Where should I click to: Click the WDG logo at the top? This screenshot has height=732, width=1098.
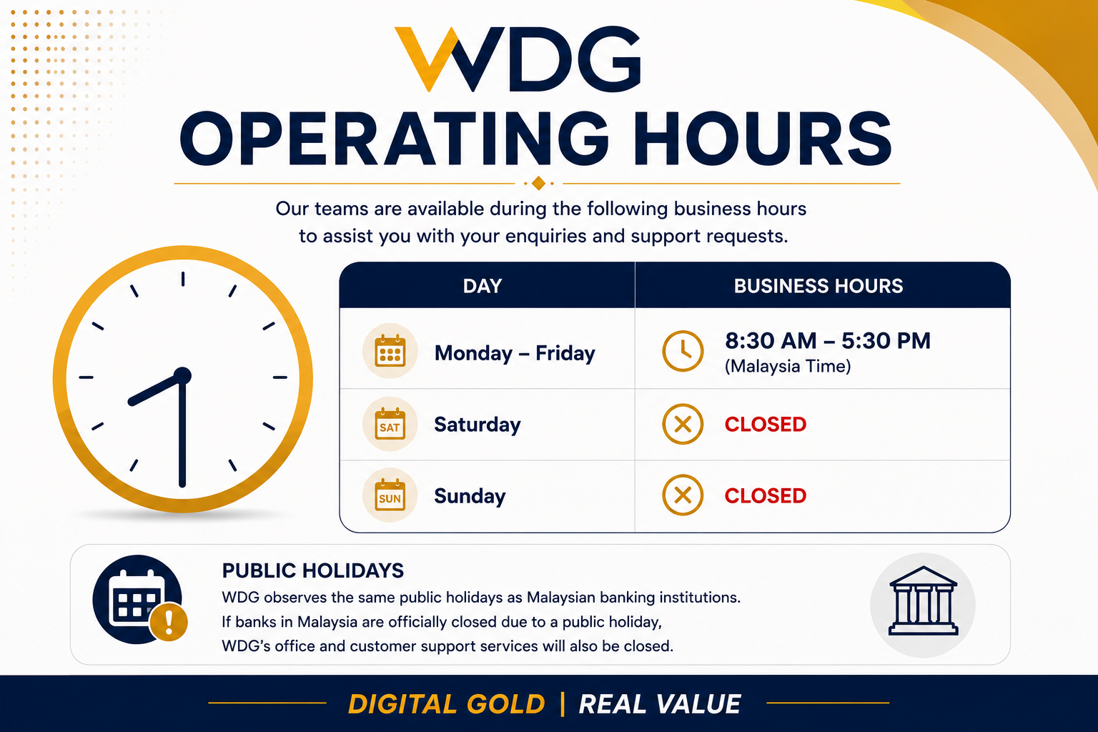tap(518, 59)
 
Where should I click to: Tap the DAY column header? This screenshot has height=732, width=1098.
tap(483, 286)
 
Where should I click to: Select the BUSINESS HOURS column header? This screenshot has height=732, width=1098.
tap(818, 286)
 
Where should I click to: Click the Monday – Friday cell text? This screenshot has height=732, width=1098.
tap(515, 353)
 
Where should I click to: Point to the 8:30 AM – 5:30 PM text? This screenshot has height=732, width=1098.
tap(827, 341)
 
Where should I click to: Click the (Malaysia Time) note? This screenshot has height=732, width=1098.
tap(788, 366)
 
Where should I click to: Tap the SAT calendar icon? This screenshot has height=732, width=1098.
tap(390, 424)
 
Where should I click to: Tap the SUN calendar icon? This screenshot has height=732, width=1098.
tap(390, 495)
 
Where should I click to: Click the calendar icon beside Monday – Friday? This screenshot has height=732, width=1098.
tap(390, 350)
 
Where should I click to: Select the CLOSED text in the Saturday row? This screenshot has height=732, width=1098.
tap(765, 424)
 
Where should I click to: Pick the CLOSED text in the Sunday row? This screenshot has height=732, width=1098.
tap(765, 495)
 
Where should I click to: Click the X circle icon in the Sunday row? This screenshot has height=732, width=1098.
tap(683, 495)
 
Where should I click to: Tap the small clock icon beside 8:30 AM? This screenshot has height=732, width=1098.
tap(683, 351)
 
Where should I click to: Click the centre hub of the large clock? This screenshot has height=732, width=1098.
tap(182, 376)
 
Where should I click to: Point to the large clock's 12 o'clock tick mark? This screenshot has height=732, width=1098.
tap(183, 279)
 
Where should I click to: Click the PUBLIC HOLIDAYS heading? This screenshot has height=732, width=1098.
tap(312, 570)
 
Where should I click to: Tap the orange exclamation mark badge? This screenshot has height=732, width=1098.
tap(169, 622)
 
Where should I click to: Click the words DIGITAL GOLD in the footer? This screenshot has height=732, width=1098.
tap(447, 704)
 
